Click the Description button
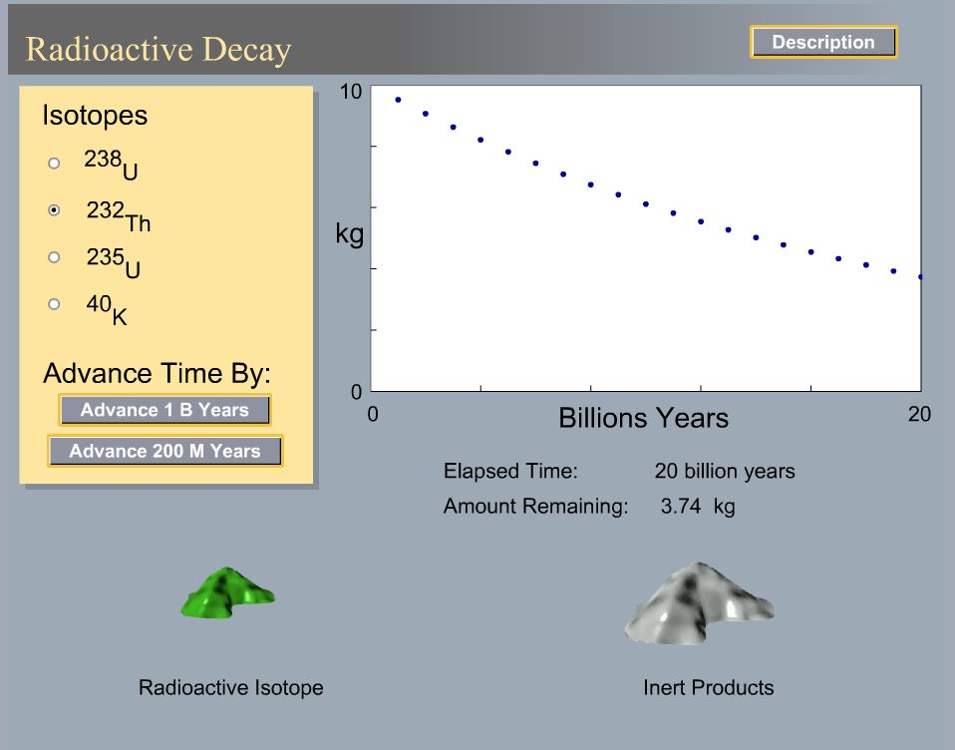tap(823, 43)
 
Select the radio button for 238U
tap(54, 163)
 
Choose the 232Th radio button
tap(54, 210)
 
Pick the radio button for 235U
tap(54, 257)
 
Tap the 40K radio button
tap(54, 304)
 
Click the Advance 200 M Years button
tap(164, 451)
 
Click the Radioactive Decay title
tap(159, 49)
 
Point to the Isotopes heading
tap(95, 116)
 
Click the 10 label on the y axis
tap(350, 92)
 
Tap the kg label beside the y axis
tap(349, 236)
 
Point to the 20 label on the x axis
tap(919, 414)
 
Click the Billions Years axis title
tap(643, 418)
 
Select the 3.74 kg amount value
tap(697, 507)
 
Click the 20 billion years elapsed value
tap(725, 471)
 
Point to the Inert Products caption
tap(708, 687)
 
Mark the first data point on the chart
tap(398, 100)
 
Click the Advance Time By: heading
tap(157, 375)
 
